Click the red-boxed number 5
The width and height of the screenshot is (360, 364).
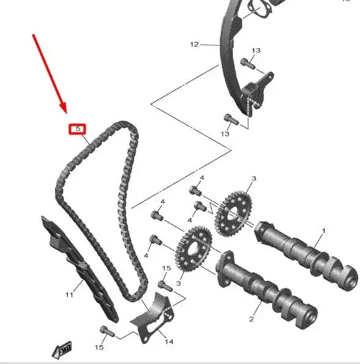78,129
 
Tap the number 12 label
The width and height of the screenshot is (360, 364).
194,45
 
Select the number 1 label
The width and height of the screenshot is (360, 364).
323,230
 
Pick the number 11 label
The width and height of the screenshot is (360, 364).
69,295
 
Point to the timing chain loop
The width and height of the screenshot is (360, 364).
98,202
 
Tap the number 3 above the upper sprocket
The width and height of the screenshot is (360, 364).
253,178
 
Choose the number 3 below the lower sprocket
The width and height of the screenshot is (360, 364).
179,283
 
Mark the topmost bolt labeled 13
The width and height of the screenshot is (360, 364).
247,61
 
